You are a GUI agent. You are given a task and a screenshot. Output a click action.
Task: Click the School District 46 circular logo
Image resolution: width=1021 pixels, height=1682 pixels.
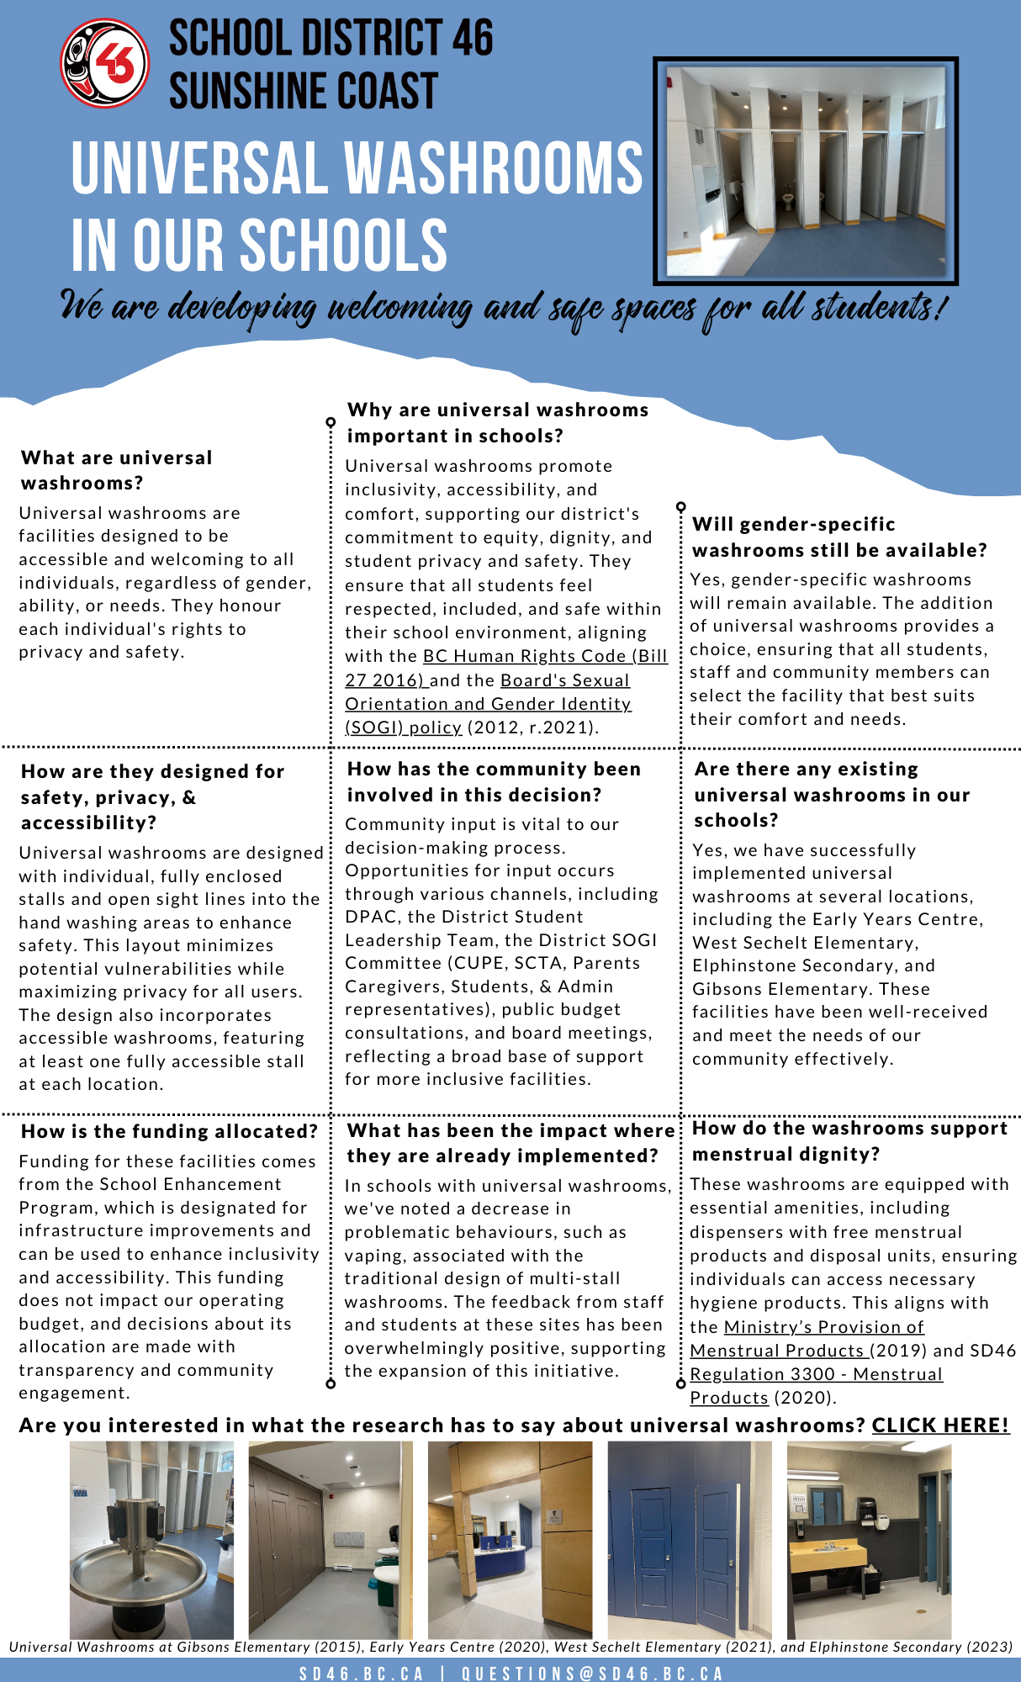point(105,64)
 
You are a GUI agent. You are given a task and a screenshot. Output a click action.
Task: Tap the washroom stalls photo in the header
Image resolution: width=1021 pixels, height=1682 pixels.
point(806,172)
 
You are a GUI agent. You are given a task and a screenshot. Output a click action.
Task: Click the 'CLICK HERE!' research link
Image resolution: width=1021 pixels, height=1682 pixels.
point(940,1425)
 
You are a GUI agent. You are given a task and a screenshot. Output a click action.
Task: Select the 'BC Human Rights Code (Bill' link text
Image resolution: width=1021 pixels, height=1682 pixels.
point(545,656)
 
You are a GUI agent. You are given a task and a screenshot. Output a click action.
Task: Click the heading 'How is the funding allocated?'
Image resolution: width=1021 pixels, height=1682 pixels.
point(170,1131)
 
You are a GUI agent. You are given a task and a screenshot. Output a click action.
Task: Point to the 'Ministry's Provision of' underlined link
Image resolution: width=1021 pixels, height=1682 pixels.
point(823,1327)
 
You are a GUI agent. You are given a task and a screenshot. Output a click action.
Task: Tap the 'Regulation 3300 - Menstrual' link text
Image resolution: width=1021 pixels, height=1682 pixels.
point(816,1374)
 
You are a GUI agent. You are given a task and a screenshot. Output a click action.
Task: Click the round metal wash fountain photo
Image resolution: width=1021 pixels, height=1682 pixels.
point(151,1539)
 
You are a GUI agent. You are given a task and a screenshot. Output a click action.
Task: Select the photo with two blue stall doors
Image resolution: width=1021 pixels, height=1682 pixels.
point(690,1539)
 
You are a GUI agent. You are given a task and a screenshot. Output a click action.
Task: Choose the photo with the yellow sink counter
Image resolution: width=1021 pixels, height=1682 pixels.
point(869,1539)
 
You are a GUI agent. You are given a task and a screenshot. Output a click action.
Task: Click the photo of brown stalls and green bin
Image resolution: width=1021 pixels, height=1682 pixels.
point(331,1539)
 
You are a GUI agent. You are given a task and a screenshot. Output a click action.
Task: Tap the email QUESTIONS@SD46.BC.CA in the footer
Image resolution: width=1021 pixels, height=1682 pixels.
point(593,1673)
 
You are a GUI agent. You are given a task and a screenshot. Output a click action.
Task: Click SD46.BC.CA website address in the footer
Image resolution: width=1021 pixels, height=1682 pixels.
point(362,1673)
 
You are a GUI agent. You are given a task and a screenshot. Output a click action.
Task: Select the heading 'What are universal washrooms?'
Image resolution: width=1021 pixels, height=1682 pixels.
point(117,470)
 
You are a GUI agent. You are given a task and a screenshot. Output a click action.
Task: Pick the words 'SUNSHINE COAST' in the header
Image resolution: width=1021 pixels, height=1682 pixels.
point(304,91)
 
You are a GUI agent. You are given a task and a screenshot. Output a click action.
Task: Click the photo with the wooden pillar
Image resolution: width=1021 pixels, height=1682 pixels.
point(510,1539)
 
